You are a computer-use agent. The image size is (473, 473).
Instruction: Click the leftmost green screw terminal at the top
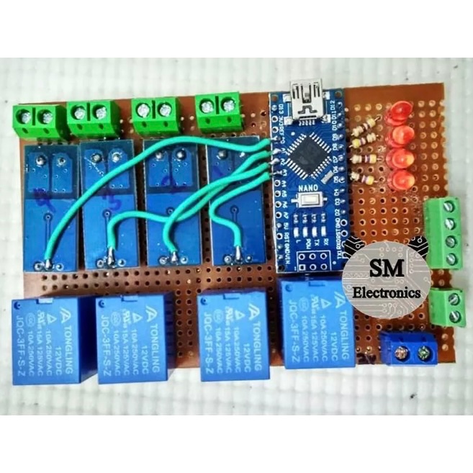pyautogui.click(x=37, y=118)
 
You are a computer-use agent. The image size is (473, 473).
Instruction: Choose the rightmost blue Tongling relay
pyautogui.click(x=317, y=323)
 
